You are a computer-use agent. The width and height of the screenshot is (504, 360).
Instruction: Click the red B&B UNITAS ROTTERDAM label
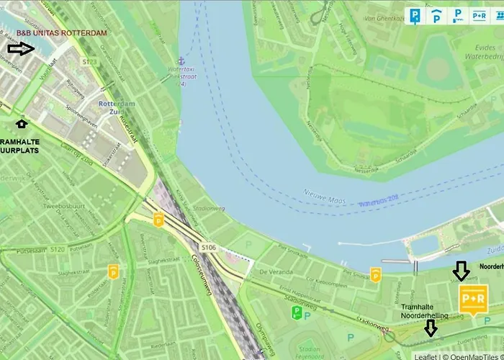tap(62, 33)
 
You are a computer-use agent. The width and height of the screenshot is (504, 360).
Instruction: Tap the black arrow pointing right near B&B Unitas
tap(21, 49)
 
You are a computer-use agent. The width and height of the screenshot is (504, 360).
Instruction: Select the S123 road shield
tap(89, 63)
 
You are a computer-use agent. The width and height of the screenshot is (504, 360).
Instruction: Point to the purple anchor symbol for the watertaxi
tap(181, 61)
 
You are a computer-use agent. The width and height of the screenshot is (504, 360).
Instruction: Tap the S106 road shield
tap(209, 247)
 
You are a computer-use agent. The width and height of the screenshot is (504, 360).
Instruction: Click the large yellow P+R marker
tap(472, 298)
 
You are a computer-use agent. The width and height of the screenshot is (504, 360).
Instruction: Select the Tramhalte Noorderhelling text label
tap(425, 311)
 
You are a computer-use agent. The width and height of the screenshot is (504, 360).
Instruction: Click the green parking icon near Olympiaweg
tap(296, 312)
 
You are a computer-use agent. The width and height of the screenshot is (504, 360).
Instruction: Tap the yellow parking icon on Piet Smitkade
tap(375, 274)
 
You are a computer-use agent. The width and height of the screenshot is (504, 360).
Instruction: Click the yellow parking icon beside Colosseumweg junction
tap(158, 220)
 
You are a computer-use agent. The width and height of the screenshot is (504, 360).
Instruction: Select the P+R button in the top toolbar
tap(479, 14)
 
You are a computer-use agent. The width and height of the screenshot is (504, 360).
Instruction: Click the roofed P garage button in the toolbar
tap(437, 14)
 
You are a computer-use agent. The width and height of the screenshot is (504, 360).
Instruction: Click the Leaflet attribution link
tap(426, 356)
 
